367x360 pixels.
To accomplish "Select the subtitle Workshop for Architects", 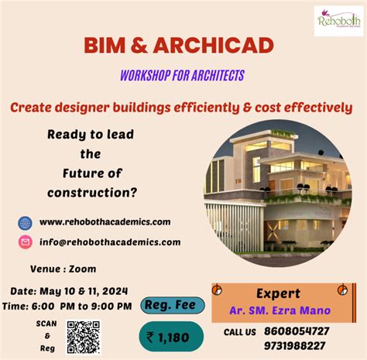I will tap(182, 75).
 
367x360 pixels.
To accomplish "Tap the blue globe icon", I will tap(26, 222).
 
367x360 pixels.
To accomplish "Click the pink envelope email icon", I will tap(26, 242).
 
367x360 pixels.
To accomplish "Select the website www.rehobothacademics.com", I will tap(105, 222).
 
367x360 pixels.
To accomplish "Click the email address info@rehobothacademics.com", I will tap(110, 242).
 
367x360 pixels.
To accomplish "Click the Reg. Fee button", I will tap(172, 307).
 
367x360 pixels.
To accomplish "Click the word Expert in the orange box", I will tap(278, 293).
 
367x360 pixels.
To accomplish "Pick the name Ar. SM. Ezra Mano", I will tap(278, 310).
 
